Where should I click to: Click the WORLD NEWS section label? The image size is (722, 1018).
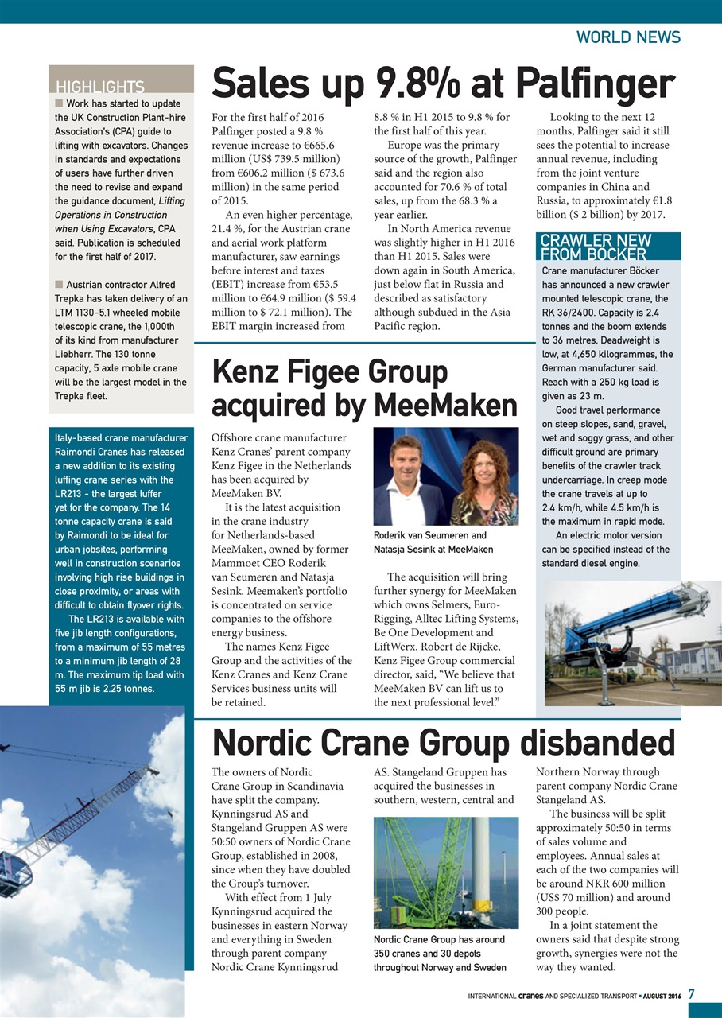(628, 37)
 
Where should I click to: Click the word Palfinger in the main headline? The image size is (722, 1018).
(594, 84)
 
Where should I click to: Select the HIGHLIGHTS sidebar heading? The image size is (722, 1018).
(99, 87)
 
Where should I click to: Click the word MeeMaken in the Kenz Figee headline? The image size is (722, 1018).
(445, 405)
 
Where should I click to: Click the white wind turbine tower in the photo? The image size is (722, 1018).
(481, 867)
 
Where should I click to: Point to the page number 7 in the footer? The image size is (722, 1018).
(691, 994)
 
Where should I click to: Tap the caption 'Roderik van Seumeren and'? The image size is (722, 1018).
(429, 535)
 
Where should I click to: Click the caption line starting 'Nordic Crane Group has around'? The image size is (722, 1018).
(439, 939)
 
